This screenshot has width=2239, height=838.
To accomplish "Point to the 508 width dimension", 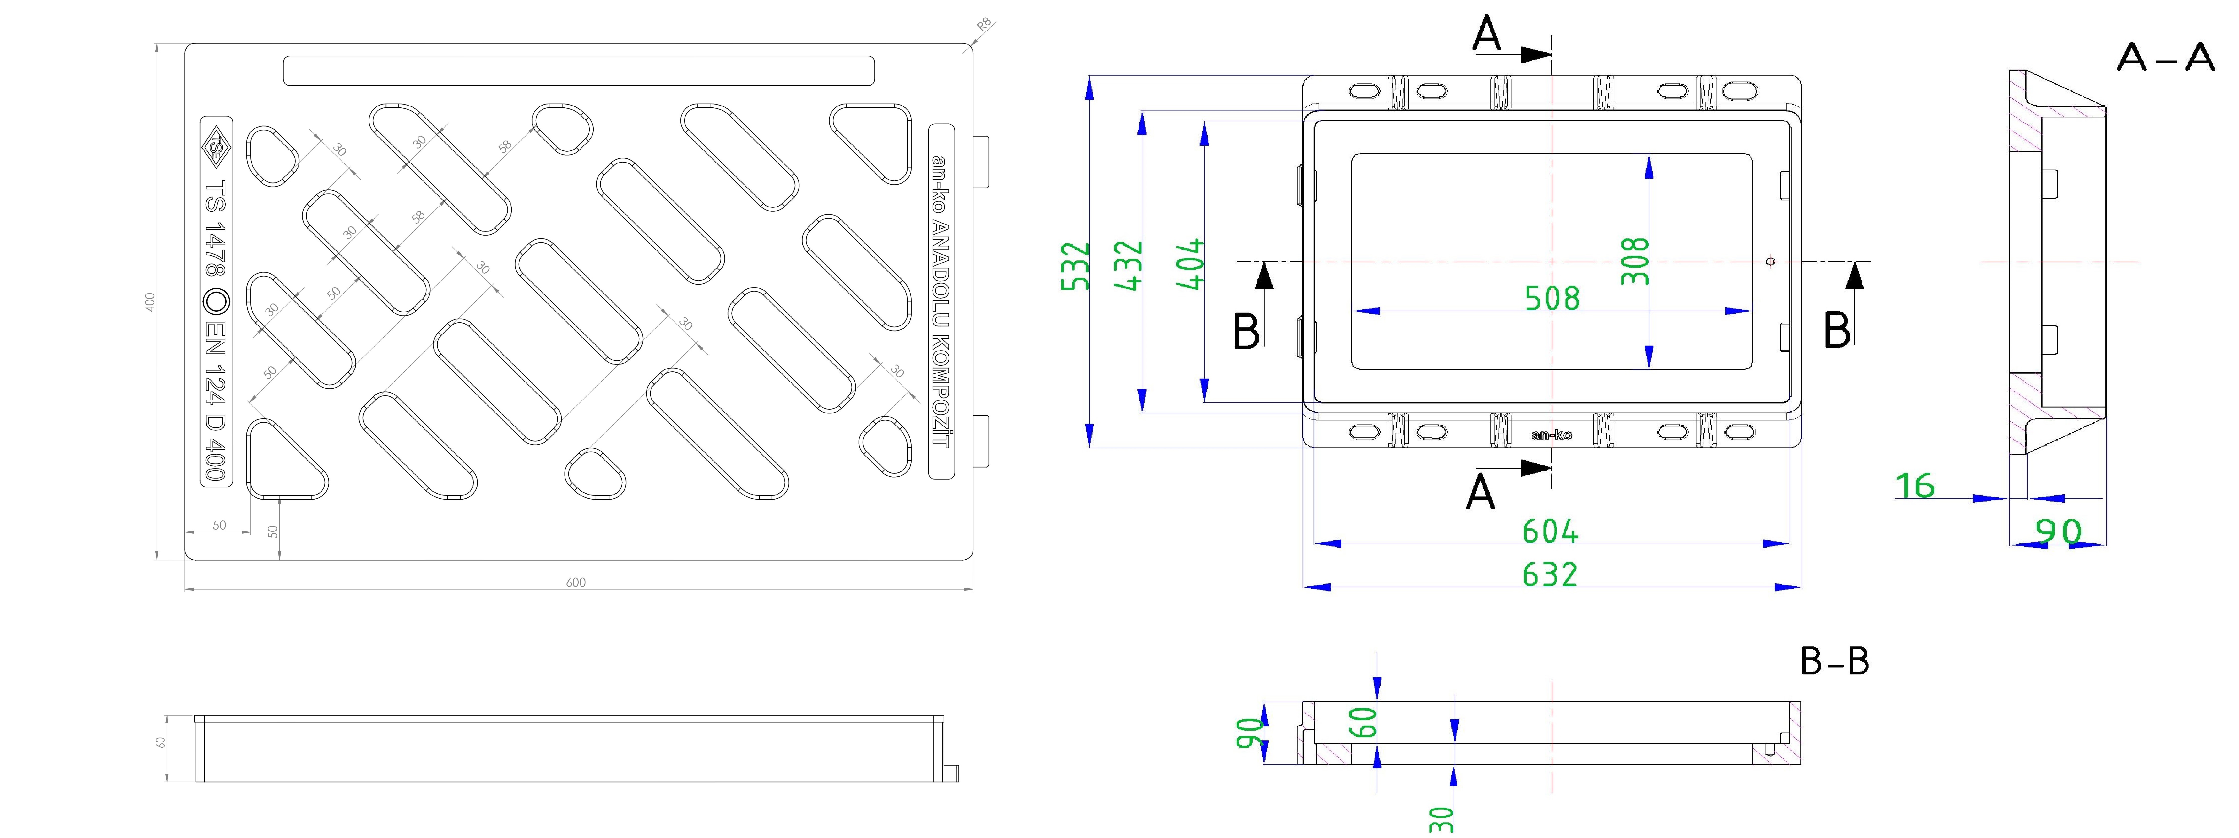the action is [1552, 298].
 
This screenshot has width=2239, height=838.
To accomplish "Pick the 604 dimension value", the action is [1551, 530].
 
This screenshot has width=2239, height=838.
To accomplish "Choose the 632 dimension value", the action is [1551, 574].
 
